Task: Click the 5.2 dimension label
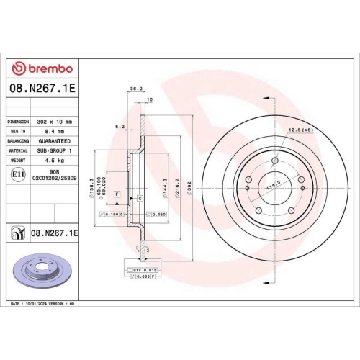[120, 126]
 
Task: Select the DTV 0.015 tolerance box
[145, 269]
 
